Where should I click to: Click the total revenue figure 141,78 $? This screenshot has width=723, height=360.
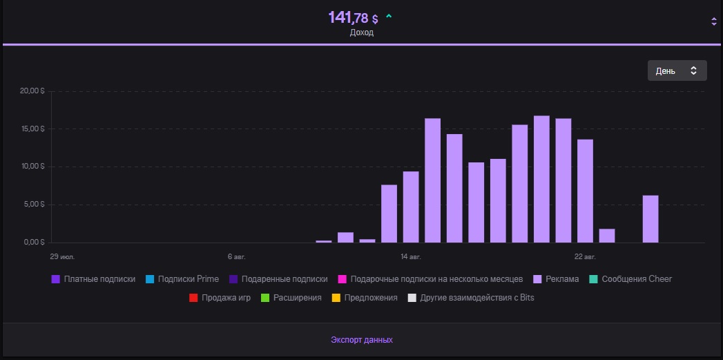(353, 18)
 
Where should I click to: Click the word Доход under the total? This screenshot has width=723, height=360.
(361, 32)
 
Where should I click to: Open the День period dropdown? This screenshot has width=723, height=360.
(677, 70)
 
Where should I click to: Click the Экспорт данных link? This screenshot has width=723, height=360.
(361, 340)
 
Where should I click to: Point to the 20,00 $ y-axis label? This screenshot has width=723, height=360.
(32, 91)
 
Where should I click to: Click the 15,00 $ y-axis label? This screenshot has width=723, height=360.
(32, 129)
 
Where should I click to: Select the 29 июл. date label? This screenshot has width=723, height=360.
(62, 256)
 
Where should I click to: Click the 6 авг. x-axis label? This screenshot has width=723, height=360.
(236, 256)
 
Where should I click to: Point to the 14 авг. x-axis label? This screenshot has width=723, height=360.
(410, 256)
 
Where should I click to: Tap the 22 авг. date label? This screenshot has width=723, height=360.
(585, 256)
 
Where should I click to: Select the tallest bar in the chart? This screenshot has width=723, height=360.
(541, 179)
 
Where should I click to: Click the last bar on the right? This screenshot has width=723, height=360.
(650, 219)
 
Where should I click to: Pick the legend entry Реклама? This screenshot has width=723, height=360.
(556, 279)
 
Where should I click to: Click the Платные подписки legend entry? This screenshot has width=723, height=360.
(93, 279)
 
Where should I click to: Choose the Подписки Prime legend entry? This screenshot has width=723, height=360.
(182, 279)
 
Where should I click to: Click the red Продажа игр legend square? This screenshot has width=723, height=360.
(193, 298)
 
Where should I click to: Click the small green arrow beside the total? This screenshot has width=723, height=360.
(389, 16)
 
